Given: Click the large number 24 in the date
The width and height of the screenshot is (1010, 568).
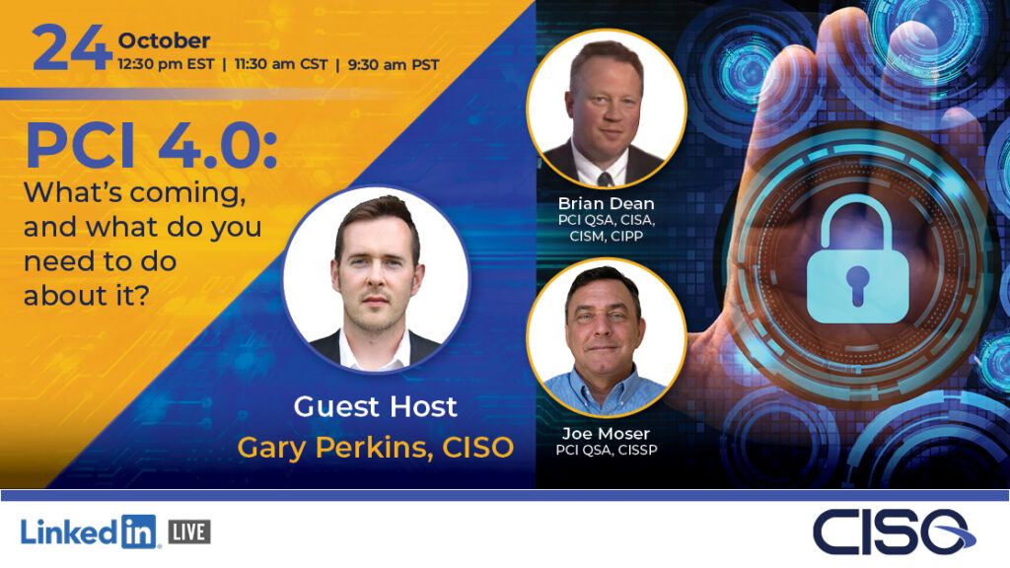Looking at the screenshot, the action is [71, 47].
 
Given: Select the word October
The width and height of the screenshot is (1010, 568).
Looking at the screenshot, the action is [164, 40].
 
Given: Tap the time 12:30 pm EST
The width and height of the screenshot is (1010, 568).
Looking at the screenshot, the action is [166, 64].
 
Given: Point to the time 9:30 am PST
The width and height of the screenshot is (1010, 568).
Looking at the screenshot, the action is [394, 64].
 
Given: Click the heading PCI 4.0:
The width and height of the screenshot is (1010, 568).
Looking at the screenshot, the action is [151, 147].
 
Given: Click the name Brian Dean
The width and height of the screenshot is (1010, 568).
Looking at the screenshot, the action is [607, 203].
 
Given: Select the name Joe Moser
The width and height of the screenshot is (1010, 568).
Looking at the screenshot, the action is [606, 434].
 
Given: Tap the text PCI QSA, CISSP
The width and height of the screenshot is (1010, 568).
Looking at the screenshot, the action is [607, 450].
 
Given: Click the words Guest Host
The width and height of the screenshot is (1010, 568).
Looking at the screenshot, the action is [376, 406].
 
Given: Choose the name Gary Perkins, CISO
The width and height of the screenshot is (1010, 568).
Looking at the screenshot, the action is [376, 448].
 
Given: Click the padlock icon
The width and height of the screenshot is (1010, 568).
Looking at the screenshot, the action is [857, 259].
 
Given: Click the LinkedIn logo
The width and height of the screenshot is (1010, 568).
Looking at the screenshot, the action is [89, 532].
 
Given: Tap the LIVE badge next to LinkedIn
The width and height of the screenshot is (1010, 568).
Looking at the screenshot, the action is [189, 532].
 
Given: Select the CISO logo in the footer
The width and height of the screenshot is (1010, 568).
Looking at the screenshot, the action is [894, 532].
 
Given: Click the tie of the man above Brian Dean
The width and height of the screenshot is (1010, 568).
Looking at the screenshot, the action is [605, 178].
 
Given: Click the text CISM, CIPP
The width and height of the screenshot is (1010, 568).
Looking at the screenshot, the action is [607, 236].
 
